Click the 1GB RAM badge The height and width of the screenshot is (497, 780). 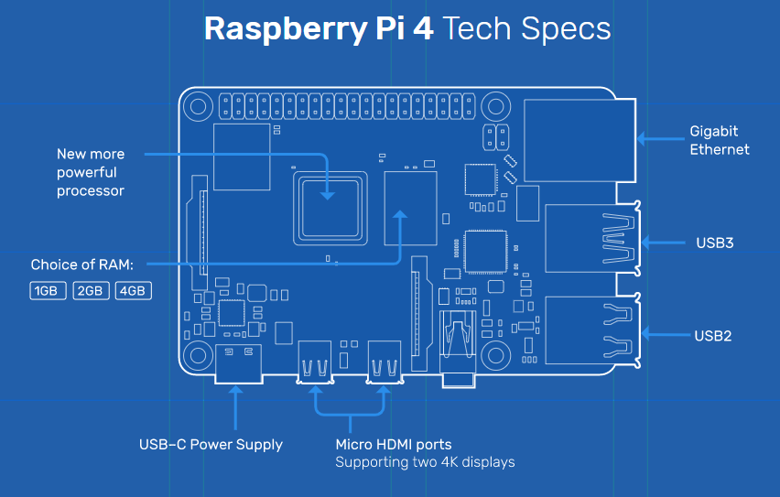46,291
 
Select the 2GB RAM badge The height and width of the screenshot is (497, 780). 91,291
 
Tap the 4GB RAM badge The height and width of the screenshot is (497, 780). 133,291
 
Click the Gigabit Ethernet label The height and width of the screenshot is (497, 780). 720,140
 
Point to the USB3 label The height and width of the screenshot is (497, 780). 714,243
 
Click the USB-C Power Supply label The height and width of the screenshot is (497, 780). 211,445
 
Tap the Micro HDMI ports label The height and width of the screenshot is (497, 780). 393,445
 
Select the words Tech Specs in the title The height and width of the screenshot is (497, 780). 525,28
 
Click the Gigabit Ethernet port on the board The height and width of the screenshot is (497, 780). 580,140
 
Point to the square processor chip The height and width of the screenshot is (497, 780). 328,205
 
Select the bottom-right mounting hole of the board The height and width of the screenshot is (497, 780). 497,354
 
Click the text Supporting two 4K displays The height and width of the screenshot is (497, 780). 425,462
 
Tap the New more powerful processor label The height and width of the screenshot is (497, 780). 91,172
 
